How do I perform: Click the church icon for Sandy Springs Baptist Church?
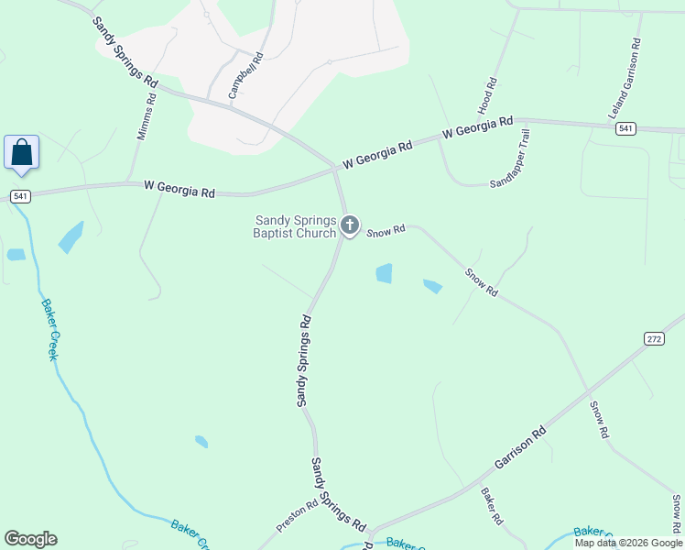pos(349,225)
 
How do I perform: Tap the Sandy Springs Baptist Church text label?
pos(295,226)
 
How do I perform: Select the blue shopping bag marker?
pos(21,152)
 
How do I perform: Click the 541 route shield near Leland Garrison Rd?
pos(626,127)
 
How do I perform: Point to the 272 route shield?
pos(653,338)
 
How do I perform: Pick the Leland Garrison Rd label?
pos(624,79)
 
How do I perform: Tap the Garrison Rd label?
pos(521,447)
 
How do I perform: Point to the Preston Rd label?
pos(297,515)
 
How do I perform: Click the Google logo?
pos(30,539)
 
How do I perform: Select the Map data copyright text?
pos(628,543)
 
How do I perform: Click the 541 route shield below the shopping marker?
pos(20,196)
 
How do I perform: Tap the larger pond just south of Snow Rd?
pos(384,273)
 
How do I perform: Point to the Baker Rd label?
pos(491,506)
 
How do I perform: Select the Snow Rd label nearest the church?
pos(386,232)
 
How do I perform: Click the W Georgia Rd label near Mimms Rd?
pos(179,189)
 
